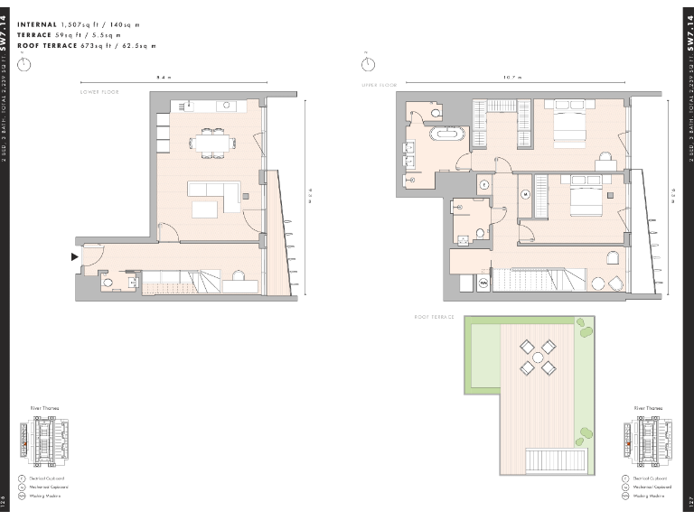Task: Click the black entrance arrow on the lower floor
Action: [76, 257]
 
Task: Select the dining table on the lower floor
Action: [211, 142]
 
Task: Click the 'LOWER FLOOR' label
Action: [99, 92]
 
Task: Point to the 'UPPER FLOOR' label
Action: [380, 84]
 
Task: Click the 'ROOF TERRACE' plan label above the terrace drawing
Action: [432, 318]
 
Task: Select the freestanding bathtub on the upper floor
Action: [448, 136]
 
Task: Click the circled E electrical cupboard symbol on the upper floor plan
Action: [483, 184]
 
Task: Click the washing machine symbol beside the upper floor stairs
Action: [483, 283]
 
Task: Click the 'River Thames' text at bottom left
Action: [44, 408]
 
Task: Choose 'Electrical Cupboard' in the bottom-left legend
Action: [47, 478]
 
